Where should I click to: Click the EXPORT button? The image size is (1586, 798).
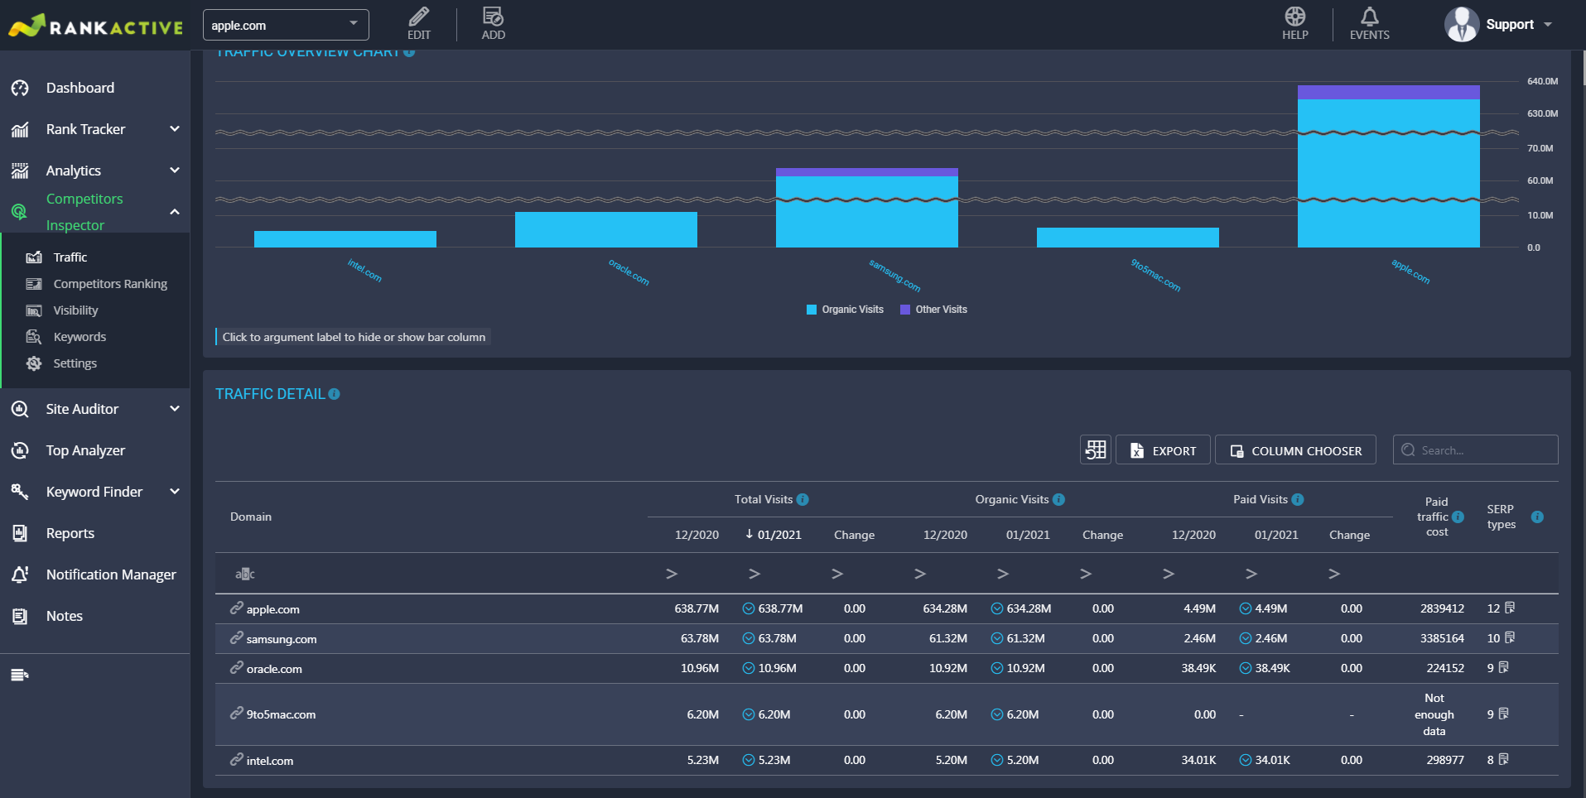pos(1163,450)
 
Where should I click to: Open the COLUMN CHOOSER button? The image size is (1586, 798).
pos(1295,450)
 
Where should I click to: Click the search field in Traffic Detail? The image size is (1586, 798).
pos(1475,450)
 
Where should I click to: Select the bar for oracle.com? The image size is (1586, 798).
pos(606,229)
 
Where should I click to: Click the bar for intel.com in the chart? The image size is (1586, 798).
pos(345,239)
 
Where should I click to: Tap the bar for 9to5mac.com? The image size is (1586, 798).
pos(1128,238)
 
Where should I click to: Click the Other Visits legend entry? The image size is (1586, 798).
pos(933,310)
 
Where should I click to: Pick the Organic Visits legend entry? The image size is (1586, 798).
pos(845,310)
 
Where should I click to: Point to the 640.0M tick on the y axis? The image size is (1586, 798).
pos(1542,81)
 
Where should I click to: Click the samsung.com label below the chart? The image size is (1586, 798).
pos(894,276)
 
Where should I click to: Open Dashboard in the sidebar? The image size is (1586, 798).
pos(80,88)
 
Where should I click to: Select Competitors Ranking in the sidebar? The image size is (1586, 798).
pos(110,284)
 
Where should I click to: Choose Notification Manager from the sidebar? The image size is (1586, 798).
pos(111,574)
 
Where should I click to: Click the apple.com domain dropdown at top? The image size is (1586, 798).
pos(286,25)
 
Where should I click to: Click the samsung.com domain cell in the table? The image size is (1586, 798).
pos(281,639)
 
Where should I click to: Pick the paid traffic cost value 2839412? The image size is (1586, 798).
pos(1442,608)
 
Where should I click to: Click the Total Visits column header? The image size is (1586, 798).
pos(764,499)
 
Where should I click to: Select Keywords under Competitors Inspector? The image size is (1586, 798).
pos(80,337)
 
